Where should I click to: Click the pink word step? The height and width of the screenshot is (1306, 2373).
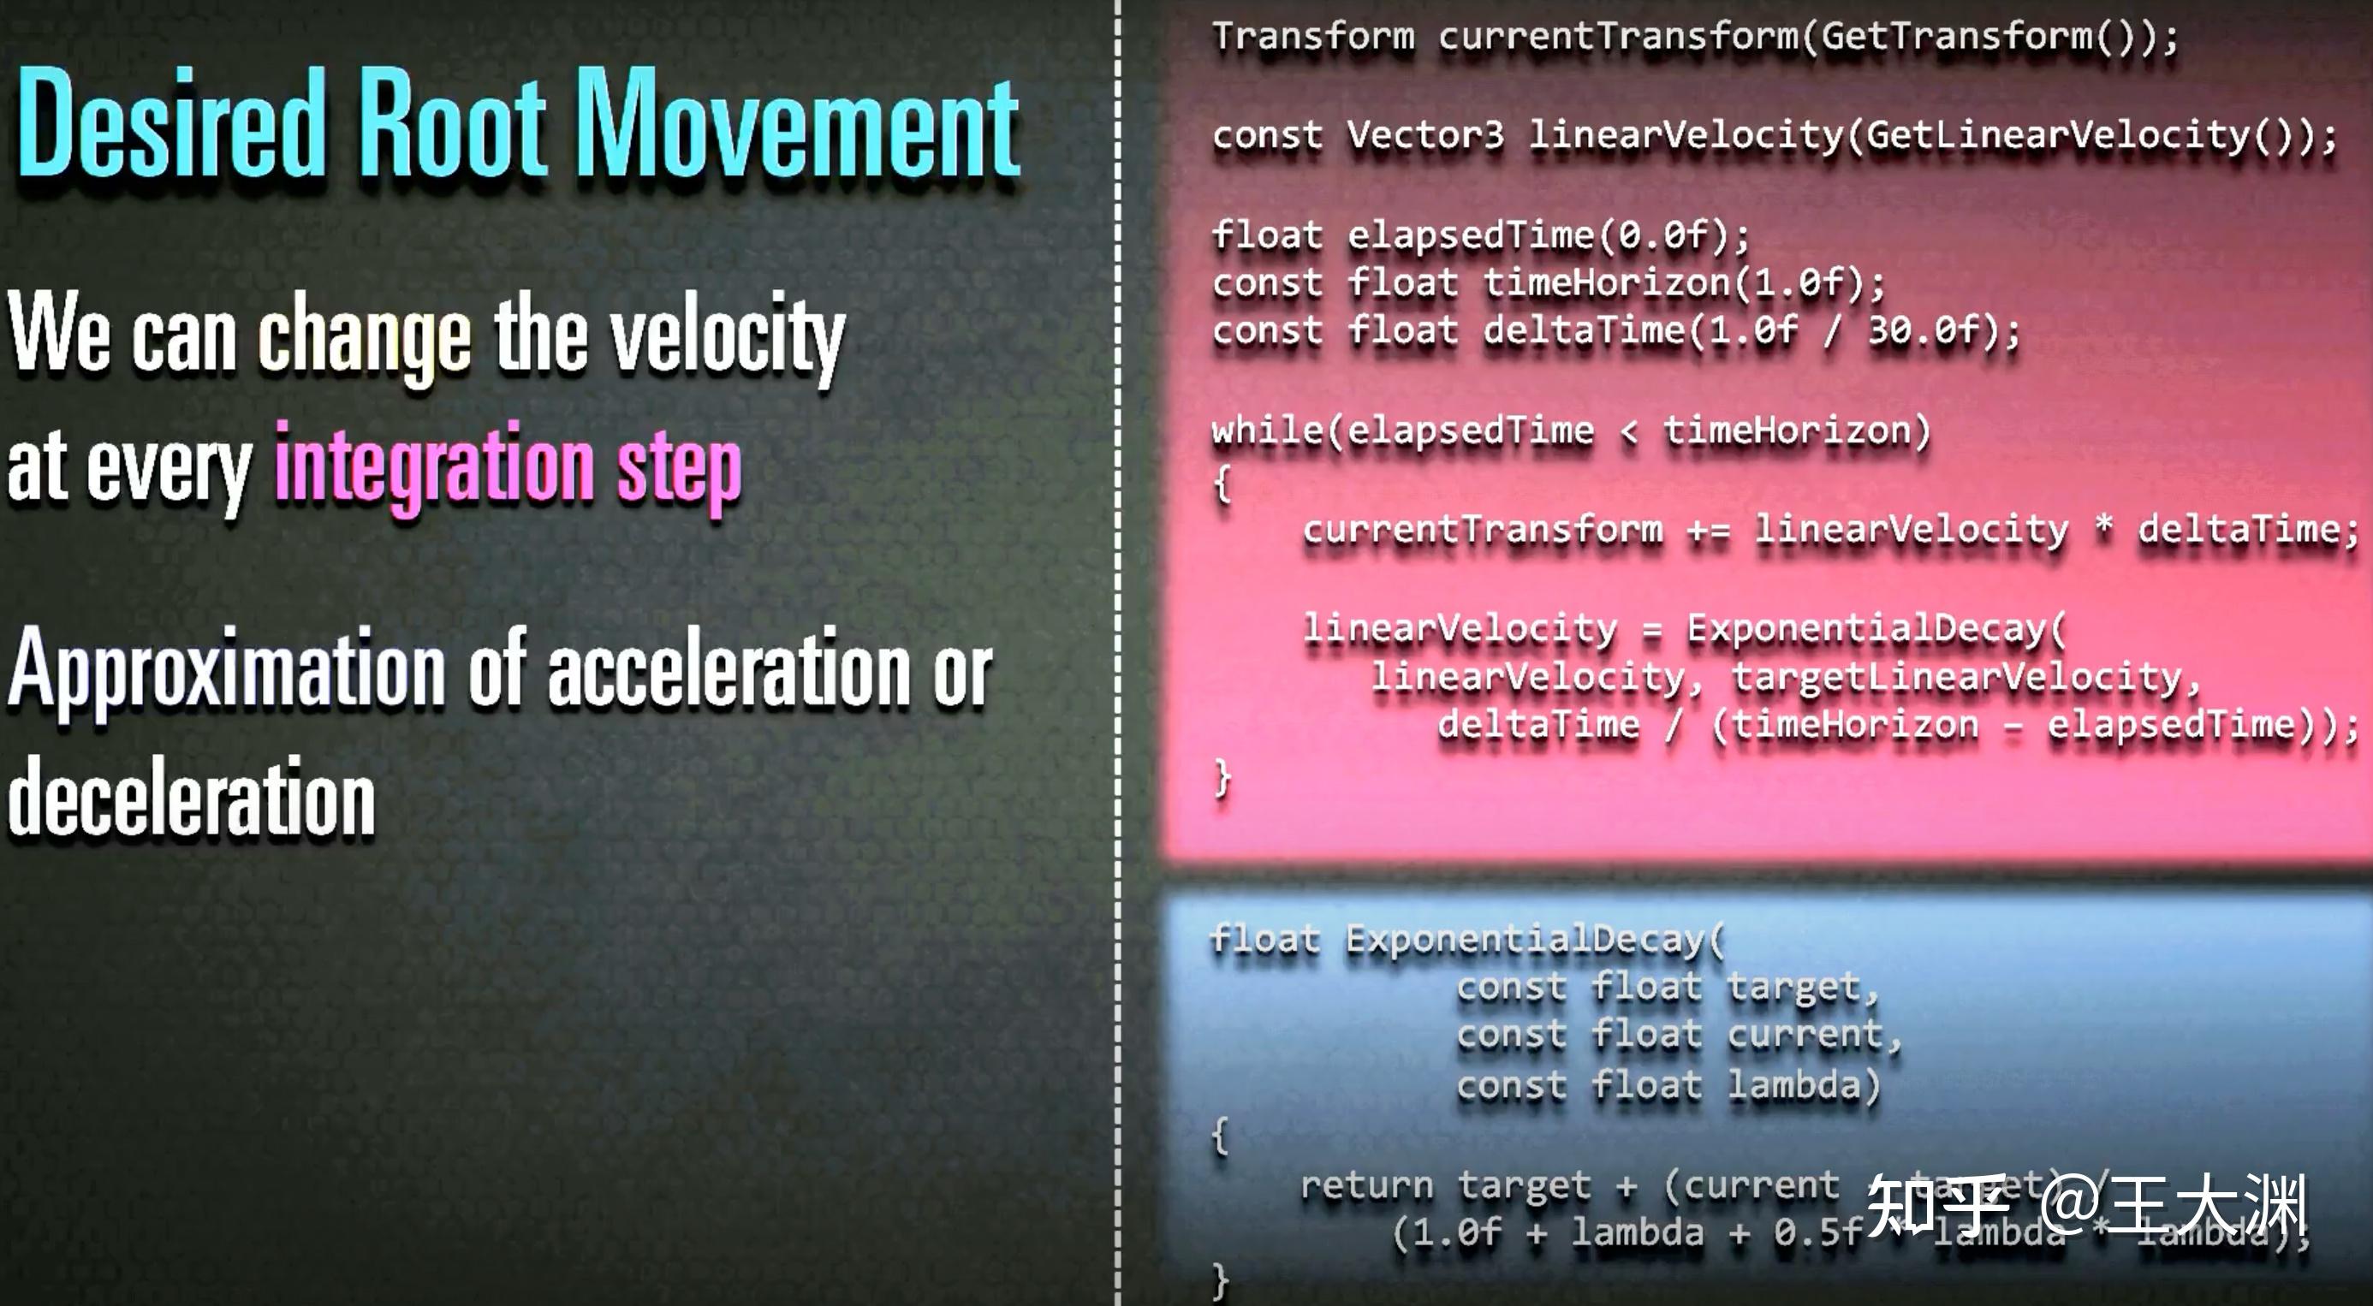679,470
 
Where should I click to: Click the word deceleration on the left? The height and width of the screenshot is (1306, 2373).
192,798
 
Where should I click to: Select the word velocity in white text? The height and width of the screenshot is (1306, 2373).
729,336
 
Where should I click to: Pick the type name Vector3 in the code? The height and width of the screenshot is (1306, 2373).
1425,135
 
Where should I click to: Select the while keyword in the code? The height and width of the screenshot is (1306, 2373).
1268,430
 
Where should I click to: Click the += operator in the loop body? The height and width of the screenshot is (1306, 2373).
1709,531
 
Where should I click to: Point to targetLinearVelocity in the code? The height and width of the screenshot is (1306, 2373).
1957,678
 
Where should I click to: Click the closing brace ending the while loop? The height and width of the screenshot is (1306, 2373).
1222,779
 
